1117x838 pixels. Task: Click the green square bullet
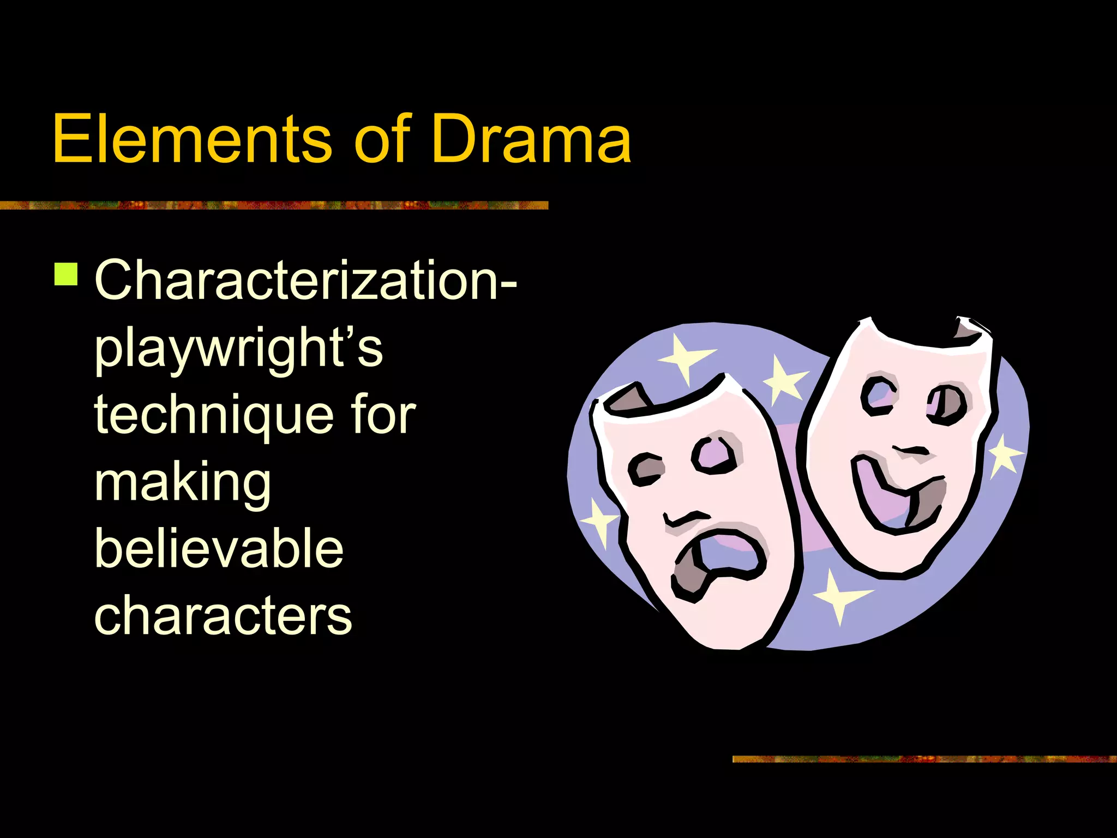coord(66,274)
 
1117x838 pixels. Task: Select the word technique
coord(213,416)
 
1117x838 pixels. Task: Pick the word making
coord(183,483)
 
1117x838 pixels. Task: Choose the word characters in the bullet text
coord(223,616)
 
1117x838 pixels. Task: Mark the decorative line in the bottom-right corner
coord(924,759)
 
